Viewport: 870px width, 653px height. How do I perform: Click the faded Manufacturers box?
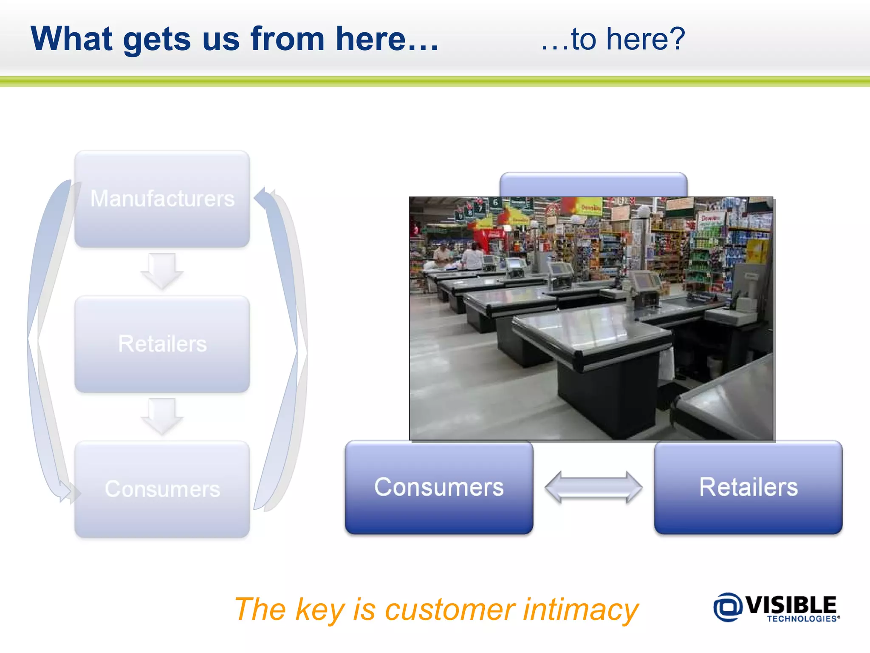pyautogui.click(x=162, y=199)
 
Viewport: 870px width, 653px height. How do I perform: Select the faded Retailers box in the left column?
pyautogui.click(x=162, y=344)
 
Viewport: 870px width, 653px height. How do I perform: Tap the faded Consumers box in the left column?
pyautogui.click(x=162, y=489)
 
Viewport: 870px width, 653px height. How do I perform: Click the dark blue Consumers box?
pyautogui.click(x=439, y=487)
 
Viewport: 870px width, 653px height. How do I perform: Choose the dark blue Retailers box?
pyautogui.click(x=748, y=487)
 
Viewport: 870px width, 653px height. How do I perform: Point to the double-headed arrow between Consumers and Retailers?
pyautogui.click(x=593, y=487)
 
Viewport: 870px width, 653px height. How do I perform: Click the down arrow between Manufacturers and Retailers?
pyautogui.click(x=162, y=270)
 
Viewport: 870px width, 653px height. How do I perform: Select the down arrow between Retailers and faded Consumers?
pyautogui.click(x=162, y=416)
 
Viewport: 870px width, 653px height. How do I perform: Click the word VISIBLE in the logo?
pyautogui.click(x=791, y=605)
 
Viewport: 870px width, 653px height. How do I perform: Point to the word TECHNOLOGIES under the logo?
pyautogui.click(x=802, y=619)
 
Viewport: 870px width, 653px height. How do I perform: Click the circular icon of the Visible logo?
pyautogui.click(x=727, y=607)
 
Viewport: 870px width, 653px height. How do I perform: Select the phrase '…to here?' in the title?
pyautogui.click(x=613, y=39)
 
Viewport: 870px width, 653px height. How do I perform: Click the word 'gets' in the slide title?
pyautogui.click(x=156, y=39)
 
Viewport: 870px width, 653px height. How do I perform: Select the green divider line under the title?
pyautogui.click(x=435, y=82)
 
